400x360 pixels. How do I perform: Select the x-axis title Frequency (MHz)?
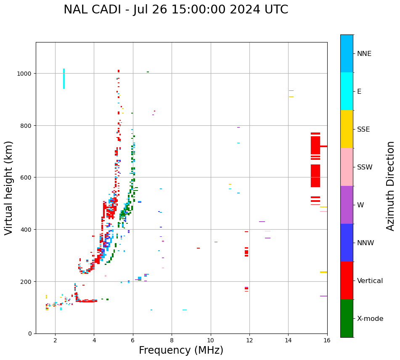[x=181, y=350]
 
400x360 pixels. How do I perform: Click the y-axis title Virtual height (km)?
[x=9, y=188]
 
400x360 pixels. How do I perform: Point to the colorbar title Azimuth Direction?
[x=391, y=186]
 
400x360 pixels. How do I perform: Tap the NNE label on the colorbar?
[x=364, y=53]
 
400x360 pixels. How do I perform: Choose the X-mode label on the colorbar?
[x=370, y=319]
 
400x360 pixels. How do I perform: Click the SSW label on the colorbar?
[x=365, y=167]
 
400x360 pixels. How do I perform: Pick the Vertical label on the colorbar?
[x=370, y=281]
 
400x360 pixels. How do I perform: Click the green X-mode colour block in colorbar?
[x=347, y=318]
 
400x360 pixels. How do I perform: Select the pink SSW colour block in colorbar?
[x=347, y=167]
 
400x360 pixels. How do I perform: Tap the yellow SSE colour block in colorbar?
[x=347, y=129]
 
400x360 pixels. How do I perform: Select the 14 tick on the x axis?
[x=288, y=340]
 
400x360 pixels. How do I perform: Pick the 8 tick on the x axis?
[x=172, y=340]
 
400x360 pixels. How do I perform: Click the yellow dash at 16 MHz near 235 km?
[x=323, y=272]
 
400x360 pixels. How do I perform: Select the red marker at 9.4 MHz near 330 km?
[x=198, y=248]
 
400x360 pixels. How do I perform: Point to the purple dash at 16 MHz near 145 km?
[x=323, y=296]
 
